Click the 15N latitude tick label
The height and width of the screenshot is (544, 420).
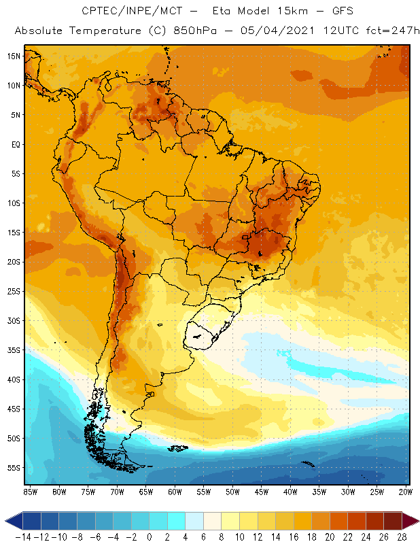click(x=14, y=56)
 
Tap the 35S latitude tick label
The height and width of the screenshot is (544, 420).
click(x=14, y=350)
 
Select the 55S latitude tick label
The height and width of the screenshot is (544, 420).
click(x=14, y=468)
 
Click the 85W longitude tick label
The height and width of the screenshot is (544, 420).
click(x=30, y=492)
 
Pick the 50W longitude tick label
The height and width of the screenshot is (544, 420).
click(x=233, y=492)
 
